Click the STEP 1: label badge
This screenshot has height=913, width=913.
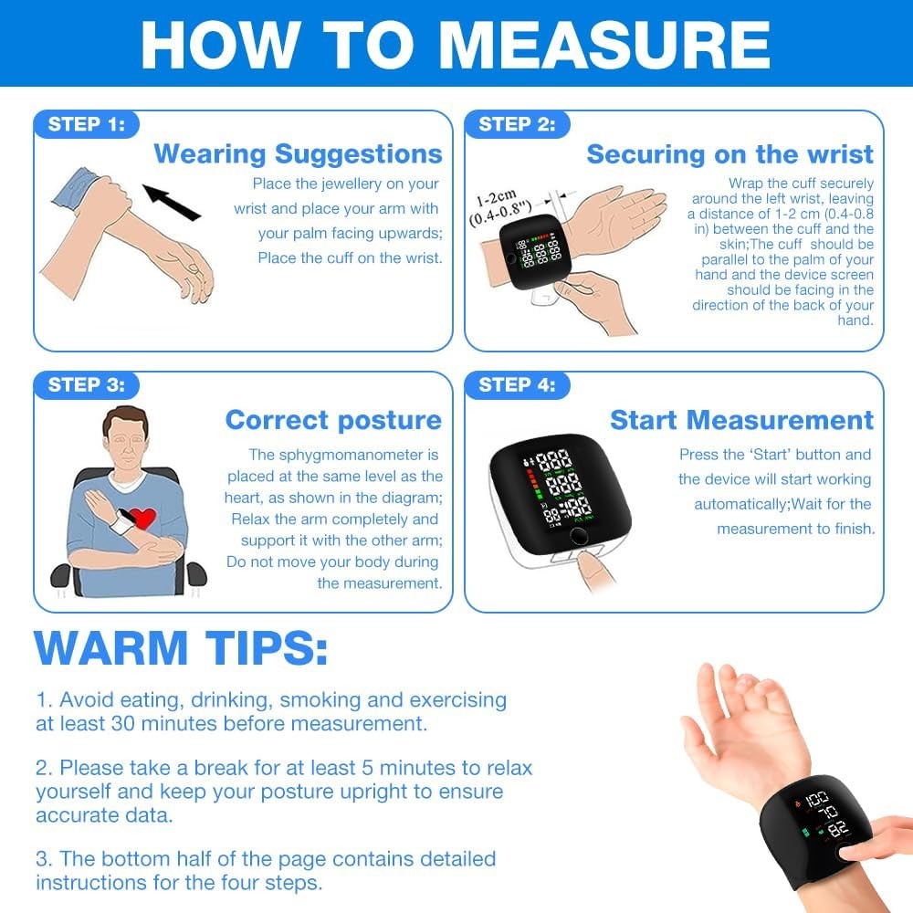87,125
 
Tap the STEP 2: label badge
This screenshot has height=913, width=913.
518,125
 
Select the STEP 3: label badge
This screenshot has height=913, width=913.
87,385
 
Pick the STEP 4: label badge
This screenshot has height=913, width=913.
518,385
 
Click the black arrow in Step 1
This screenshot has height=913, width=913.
172,202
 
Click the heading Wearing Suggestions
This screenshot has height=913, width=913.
298,153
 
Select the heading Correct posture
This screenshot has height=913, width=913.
333,420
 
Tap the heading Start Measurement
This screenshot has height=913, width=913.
741,420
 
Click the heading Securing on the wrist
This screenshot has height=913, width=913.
729,154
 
